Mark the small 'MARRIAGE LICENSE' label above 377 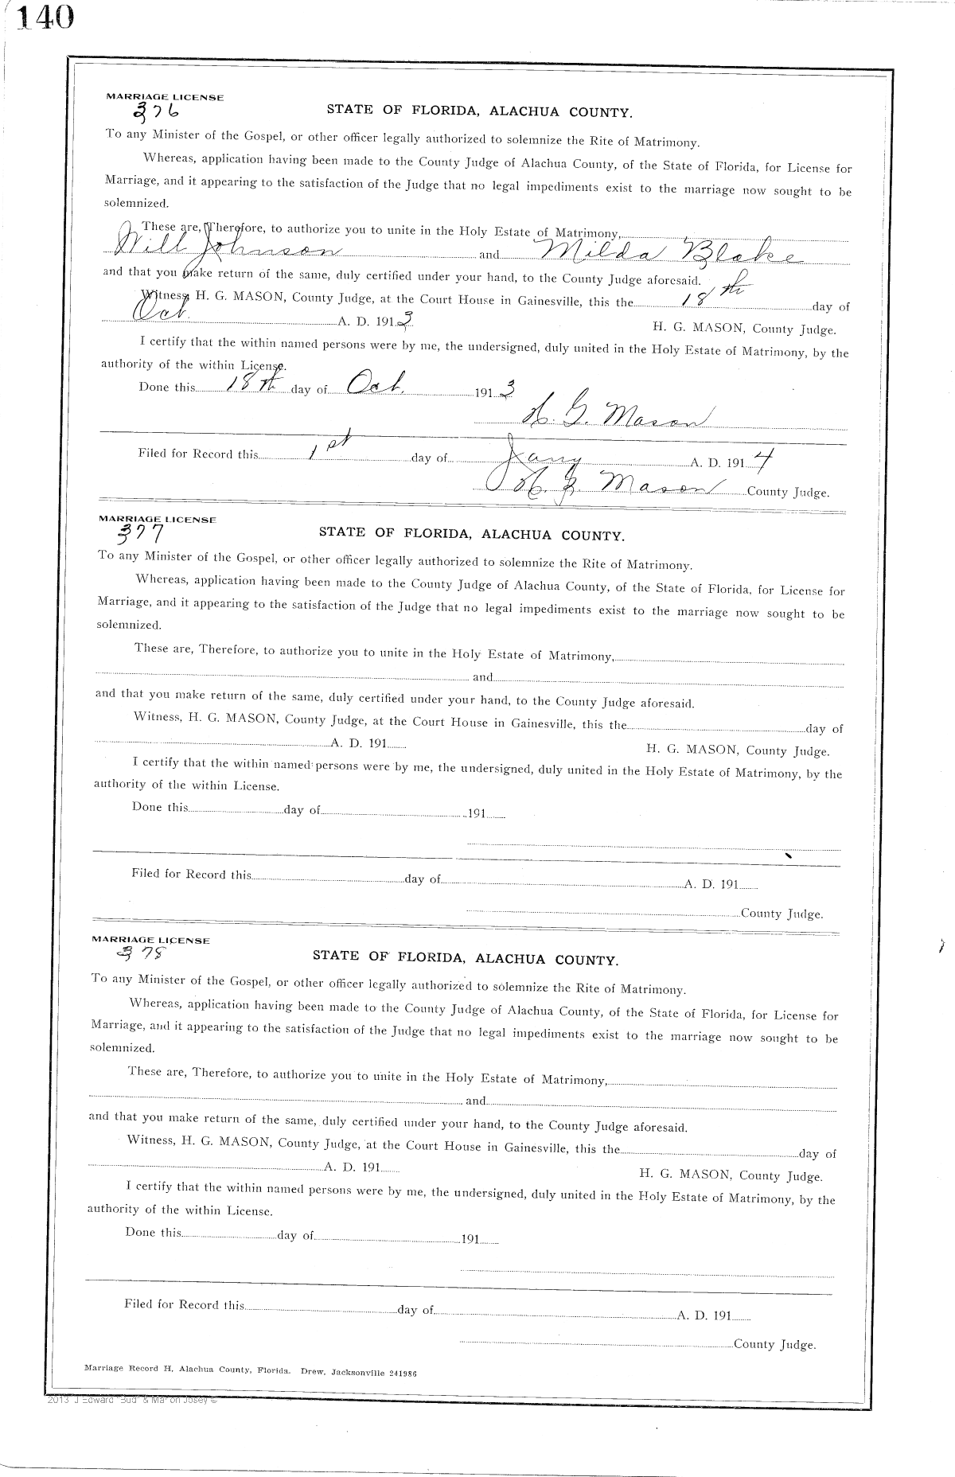157,518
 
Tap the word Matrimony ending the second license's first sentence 658,565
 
